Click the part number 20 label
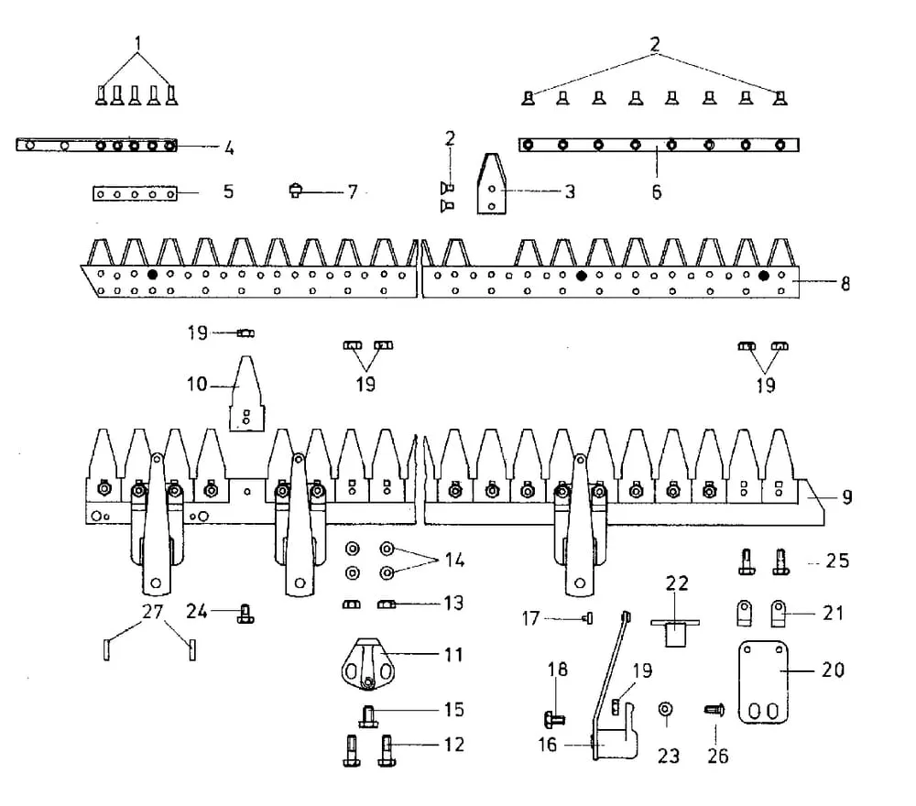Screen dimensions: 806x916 (833, 670)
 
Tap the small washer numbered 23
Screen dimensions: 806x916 (665, 709)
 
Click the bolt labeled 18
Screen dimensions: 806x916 (554, 717)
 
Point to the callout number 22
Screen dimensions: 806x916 (677, 583)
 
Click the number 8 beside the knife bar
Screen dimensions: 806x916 (845, 283)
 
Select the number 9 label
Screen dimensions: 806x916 (847, 497)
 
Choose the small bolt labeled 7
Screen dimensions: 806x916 (295, 191)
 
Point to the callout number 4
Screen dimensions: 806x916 (228, 147)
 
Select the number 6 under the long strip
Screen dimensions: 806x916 (657, 192)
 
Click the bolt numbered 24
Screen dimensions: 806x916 (245, 613)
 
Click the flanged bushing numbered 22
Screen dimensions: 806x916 (675, 632)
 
